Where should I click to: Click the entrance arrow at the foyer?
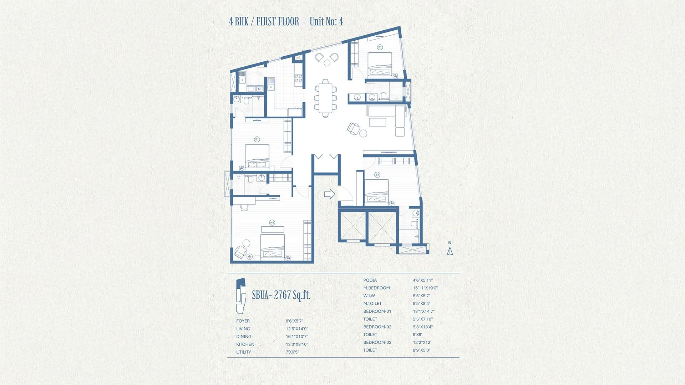330,194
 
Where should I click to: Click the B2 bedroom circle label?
380,47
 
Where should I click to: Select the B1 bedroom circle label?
257,139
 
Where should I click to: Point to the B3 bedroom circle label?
377,175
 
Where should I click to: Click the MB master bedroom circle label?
272,223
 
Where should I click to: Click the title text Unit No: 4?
326,21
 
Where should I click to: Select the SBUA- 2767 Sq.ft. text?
281,295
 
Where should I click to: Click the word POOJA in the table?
370,280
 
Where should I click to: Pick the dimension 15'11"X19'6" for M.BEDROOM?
425,288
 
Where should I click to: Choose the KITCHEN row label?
245,344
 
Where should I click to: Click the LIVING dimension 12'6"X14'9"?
297,329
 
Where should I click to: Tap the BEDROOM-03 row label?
377,343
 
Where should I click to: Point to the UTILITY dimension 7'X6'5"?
292,352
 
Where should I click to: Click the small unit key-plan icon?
241,296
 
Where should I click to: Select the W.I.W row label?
369,296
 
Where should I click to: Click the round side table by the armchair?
363,133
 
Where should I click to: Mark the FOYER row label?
243,321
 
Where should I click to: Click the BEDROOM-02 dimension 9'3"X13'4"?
423,327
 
